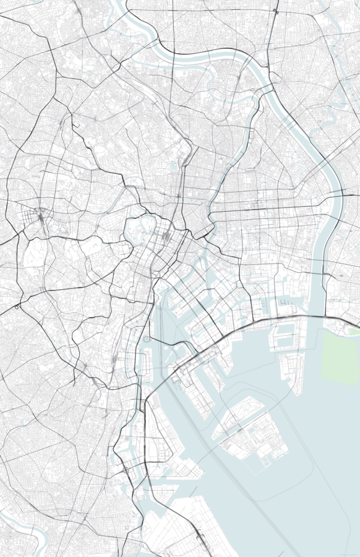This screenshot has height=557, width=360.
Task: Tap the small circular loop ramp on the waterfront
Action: click(147, 339)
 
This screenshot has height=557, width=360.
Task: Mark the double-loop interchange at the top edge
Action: click(275, 11)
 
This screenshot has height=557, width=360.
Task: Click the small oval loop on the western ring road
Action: click(17, 306)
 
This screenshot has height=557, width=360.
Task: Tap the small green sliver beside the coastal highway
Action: click(353, 332)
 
